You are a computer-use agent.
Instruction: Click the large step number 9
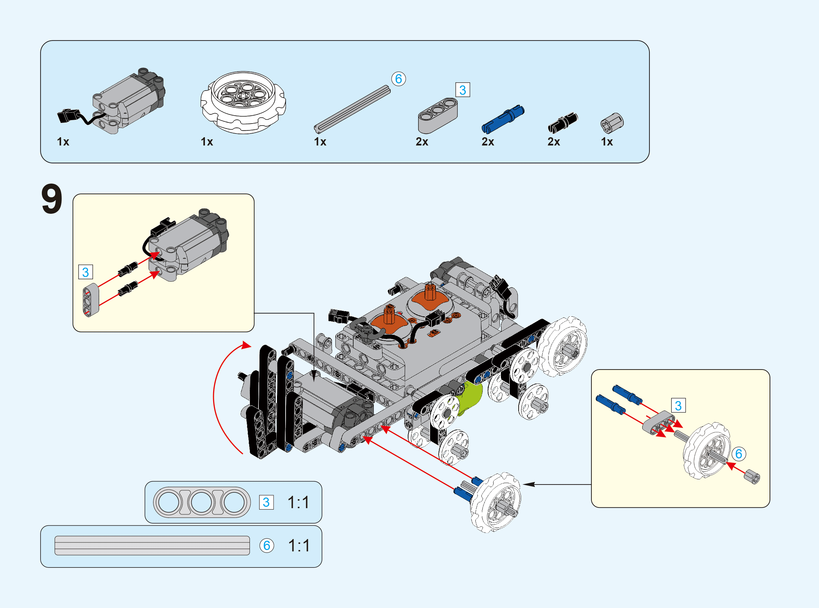pyautogui.click(x=52, y=199)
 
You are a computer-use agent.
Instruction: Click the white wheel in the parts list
pyautogui.click(x=243, y=102)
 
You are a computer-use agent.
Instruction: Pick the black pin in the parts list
pyautogui.click(x=563, y=122)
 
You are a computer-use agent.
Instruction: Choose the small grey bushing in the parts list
pyautogui.click(x=612, y=123)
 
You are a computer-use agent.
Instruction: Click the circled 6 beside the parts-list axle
pyautogui.click(x=398, y=79)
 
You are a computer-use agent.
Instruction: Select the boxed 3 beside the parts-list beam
pyautogui.click(x=462, y=90)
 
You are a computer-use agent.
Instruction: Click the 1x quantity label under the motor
pyautogui.click(x=63, y=142)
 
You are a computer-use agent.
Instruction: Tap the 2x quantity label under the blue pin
pyautogui.click(x=488, y=142)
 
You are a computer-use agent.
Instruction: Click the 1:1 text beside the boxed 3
pyautogui.click(x=298, y=502)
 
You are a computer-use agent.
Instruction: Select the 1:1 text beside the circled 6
pyautogui.click(x=299, y=546)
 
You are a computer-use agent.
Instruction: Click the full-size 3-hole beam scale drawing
pyautogui.click(x=202, y=502)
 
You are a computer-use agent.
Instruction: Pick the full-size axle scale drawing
pyautogui.click(x=152, y=546)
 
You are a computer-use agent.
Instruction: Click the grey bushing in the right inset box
pyautogui.click(x=752, y=477)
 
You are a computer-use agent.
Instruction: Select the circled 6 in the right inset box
pyautogui.click(x=738, y=454)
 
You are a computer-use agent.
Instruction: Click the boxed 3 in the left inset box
pyautogui.click(x=85, y=272)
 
